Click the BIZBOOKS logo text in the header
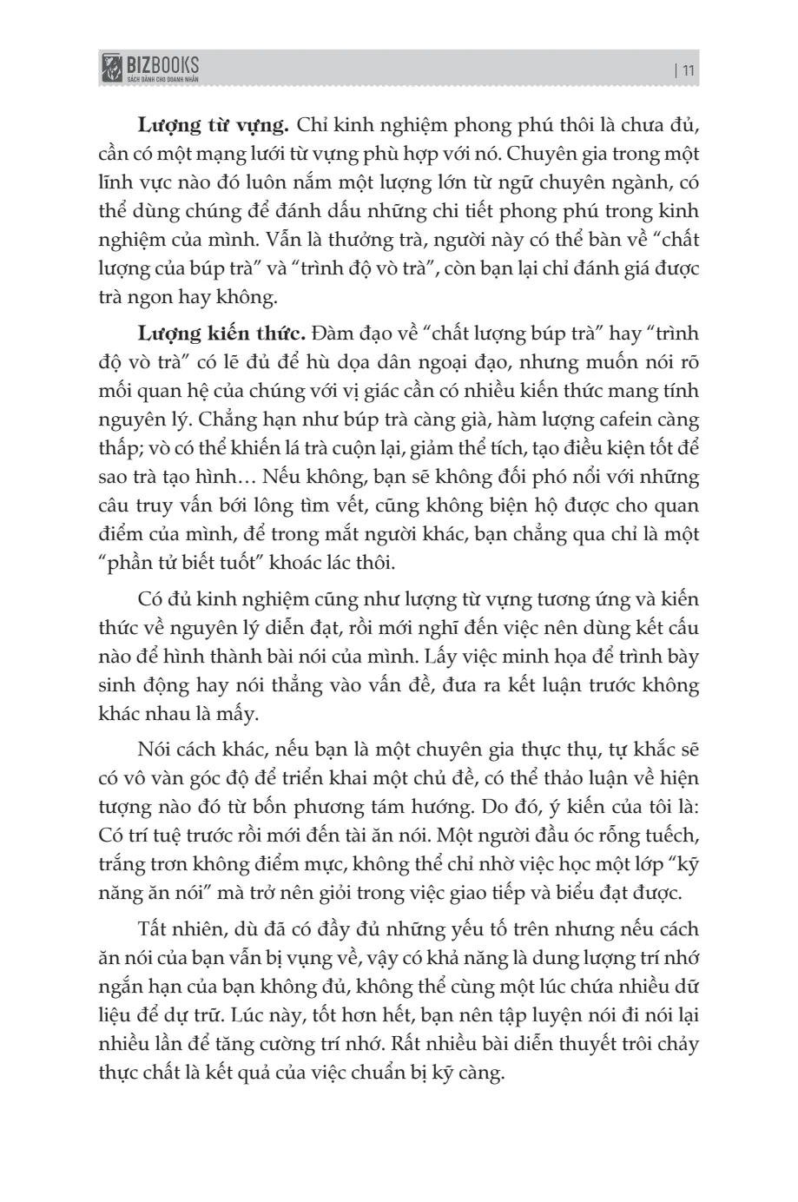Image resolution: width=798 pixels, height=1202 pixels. pyautogui.click(x=162, y=63)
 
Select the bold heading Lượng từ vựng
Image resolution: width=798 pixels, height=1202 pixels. pyautogui.click(x=213, y=125)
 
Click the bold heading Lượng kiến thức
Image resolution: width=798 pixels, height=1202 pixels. pyautogui.click(x=221, y=334)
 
